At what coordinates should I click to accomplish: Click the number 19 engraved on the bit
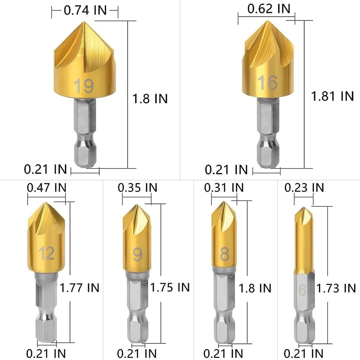pos(84,86)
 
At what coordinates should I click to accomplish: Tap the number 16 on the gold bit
pos(267,82)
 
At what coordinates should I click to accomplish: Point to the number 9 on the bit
pos(137,255)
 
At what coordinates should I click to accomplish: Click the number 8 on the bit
pos(225,254)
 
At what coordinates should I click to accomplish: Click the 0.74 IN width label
pos(85,10)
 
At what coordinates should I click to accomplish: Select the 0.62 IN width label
pos(269,9)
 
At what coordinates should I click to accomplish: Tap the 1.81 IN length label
pos(333,96)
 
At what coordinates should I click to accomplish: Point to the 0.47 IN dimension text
pos(47,187)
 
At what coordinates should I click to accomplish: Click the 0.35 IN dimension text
pos(137,187)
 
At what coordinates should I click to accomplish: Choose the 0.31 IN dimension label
pos(224,187)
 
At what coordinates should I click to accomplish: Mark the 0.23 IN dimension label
pos(304,187)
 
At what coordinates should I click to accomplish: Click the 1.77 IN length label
pos(79,287)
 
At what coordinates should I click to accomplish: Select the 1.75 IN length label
pos(170,287)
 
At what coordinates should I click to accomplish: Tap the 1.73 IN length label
pos(336,288)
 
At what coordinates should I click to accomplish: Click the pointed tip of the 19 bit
pos(83,22)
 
